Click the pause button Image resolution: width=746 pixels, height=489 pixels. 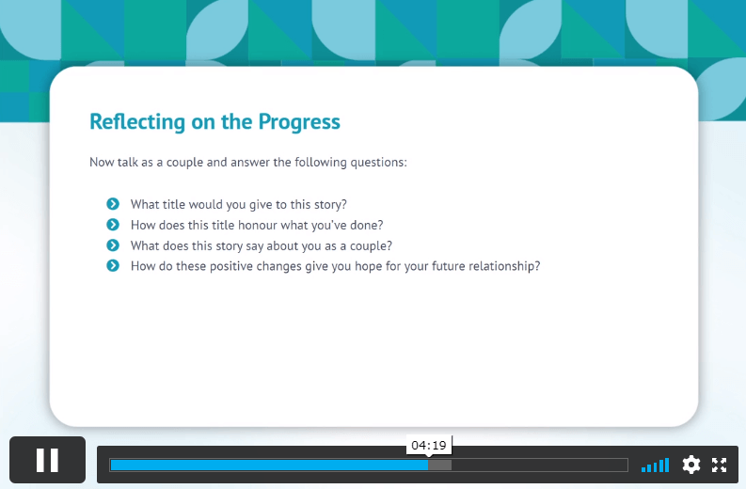[48, 460]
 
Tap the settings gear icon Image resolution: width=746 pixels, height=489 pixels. [690, 465]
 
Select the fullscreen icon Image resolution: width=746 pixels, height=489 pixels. [719, 465]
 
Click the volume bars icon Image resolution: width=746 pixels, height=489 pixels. [655, 465]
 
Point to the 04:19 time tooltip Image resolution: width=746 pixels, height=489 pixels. [429, 445]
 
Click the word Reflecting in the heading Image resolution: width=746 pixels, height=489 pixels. [137, 121]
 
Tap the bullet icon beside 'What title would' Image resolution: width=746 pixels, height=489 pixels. [113, 204]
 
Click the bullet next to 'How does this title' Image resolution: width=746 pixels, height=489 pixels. [113, 225]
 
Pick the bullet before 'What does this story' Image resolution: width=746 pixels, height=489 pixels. [113, 245]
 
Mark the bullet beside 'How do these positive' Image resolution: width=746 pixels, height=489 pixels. [113, 265]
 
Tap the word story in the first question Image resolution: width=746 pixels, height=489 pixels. [327, 205]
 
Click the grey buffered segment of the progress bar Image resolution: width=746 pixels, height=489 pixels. [440, 465]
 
